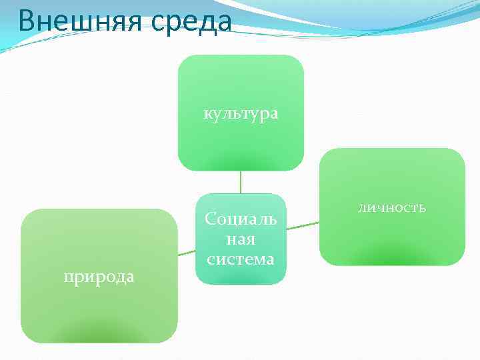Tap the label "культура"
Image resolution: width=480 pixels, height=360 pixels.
241,114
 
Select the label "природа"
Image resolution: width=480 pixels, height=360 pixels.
99,276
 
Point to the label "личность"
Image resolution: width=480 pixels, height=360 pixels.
391,208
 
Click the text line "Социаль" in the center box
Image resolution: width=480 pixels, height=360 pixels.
241,219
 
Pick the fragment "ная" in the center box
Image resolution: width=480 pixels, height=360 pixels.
241,239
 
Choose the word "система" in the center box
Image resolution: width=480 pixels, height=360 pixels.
241,259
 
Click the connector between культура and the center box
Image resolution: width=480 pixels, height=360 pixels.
241,182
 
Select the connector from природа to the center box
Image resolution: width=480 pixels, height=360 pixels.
187,253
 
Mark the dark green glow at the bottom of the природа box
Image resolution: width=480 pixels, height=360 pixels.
99,333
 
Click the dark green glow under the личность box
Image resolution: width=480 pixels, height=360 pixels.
391,257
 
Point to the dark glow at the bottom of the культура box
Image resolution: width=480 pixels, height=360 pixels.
241,164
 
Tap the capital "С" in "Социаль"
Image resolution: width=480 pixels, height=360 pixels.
211,219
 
